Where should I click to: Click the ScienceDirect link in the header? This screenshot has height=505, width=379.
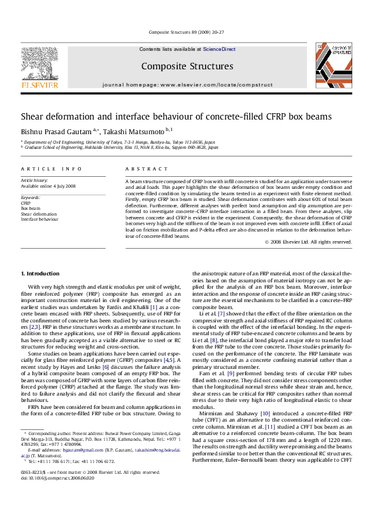coord(219,49)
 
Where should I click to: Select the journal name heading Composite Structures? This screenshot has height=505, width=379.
coord(187,66)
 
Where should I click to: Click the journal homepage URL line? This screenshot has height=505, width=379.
coord(187,85)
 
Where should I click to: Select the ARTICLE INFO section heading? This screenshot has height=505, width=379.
coord(51,169)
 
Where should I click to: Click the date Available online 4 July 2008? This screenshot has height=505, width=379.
coord(48,186)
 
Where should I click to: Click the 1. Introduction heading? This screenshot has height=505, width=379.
coord(40,273)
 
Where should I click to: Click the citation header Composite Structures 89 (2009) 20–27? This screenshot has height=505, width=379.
coord(187,32)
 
